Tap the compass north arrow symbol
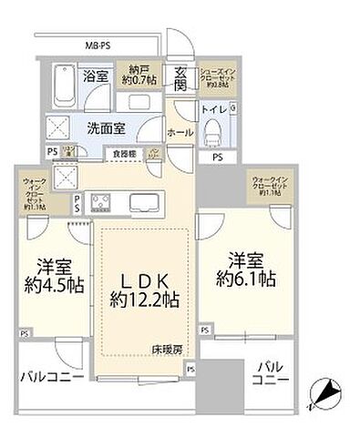pyautogui.click(x=325, y=394)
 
